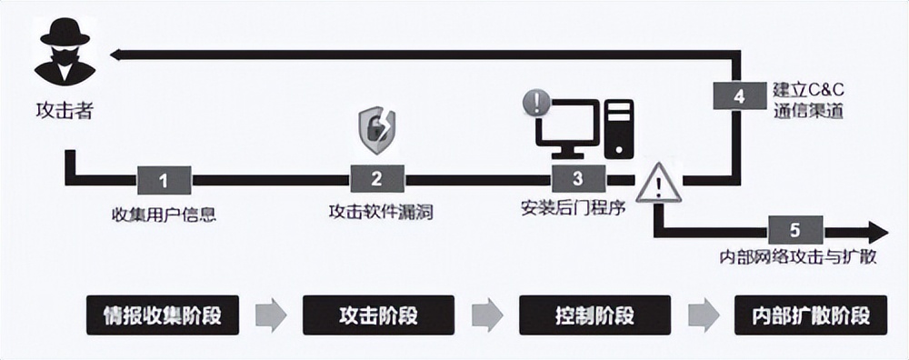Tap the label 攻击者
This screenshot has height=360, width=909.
55,114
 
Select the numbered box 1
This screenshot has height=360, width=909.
164,179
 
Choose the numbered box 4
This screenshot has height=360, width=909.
739,95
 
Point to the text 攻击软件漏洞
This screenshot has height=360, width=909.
380,213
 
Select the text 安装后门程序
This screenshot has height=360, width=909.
573,206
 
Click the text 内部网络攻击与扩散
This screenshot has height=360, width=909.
797,257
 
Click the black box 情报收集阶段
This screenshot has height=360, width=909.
165,315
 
